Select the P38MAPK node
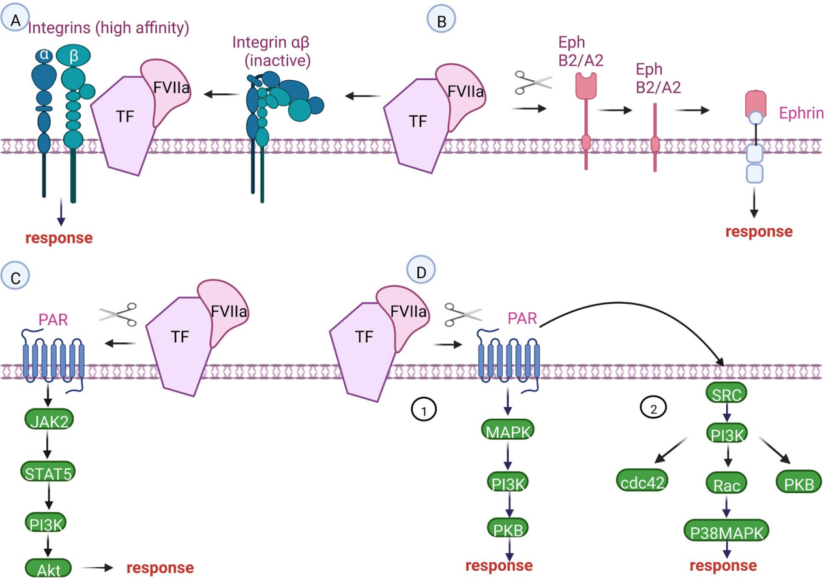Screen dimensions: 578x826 point(728,532)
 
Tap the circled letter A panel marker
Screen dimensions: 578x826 point(16,20)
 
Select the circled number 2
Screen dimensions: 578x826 point(654,409)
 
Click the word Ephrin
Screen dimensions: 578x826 point(801,114)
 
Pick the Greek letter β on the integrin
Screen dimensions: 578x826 point(74,55)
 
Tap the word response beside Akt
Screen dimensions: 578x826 point(160,568)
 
